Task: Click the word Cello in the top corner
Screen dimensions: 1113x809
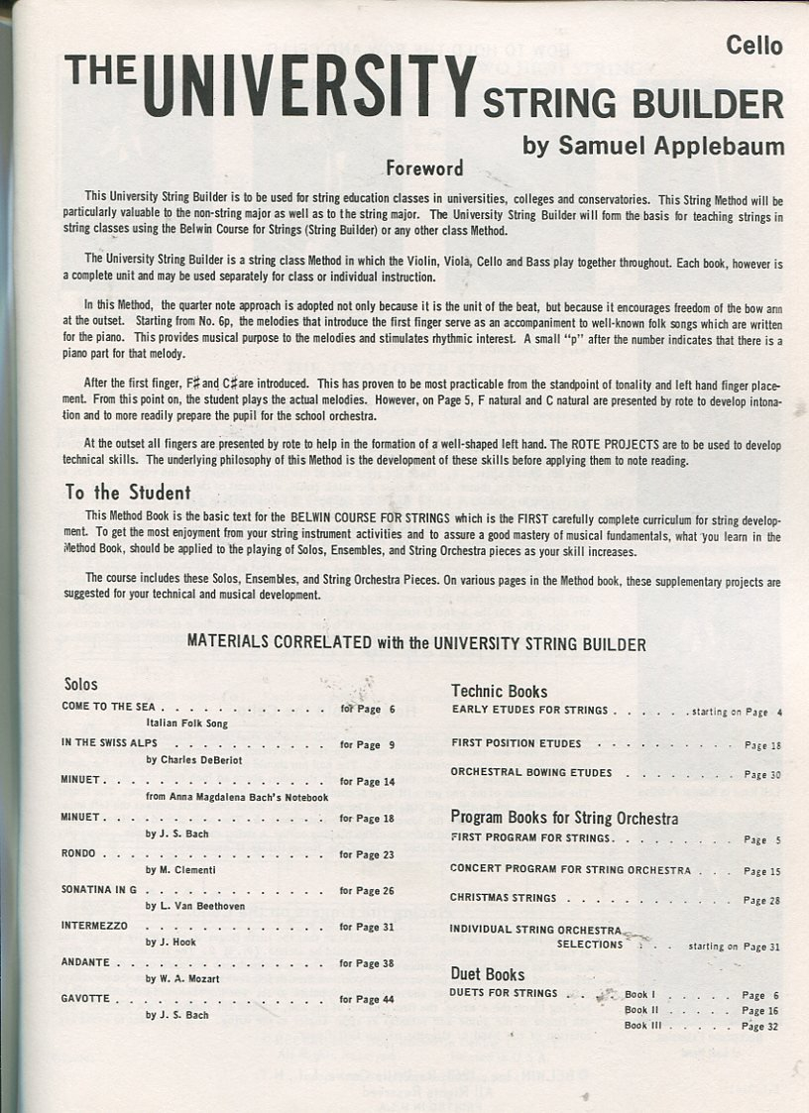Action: click(x=753, y=46)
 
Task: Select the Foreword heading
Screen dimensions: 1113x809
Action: click(x=424, y=168)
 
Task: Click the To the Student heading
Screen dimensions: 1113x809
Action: click(x=128, y=492)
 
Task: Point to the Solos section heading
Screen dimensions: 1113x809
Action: click(x=81, y=684)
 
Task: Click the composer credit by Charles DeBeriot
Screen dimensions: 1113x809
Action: click(x=194, y=760)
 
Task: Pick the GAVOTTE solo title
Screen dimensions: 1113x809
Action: click(x=86, y=999)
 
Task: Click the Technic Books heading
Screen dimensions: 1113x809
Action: click(x=499, y=691)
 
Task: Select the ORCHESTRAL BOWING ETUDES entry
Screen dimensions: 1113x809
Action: click(x=531, y=772)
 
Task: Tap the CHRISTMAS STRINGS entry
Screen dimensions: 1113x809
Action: click(x=504, y=898)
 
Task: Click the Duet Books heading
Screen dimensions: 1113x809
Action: click(x=488, y=973)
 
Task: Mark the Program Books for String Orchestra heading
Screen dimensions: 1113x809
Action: click(x=564, y=818)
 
